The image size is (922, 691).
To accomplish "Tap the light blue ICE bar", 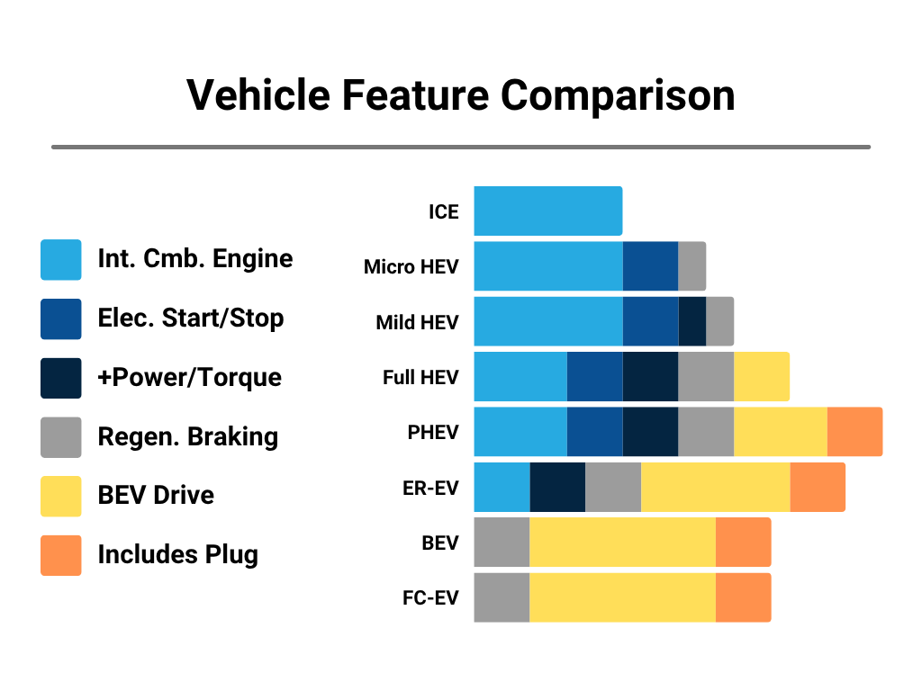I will coord(547,211).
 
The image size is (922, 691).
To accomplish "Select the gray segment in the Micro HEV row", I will coord(691,266).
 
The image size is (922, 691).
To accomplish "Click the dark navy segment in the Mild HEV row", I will coord(691,321).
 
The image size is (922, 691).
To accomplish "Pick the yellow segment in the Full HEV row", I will coord(761,376).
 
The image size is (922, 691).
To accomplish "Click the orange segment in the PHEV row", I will coord(854,432).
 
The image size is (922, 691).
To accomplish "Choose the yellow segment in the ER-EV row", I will coord(715,487).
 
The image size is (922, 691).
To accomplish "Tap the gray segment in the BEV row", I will coord(502,543).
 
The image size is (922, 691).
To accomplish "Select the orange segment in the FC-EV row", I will coord(743,597).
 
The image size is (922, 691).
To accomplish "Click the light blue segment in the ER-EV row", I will coord(502,487).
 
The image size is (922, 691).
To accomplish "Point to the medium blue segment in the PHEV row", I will coord(594,432).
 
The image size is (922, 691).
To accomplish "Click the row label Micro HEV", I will coord(411,267).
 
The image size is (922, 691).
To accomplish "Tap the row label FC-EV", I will coord(430,598).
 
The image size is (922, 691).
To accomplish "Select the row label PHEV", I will coord(432,433).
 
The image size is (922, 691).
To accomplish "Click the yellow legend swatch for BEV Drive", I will coord(60,496).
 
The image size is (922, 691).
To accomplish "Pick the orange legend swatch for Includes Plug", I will coord(60,555).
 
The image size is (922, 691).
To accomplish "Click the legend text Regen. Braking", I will coord(187,437).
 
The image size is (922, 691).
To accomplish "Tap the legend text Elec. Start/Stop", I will coord(190,319).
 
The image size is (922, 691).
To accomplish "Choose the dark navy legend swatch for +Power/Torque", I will coord(60,378).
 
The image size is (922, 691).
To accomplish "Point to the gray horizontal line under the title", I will coord(460,147).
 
